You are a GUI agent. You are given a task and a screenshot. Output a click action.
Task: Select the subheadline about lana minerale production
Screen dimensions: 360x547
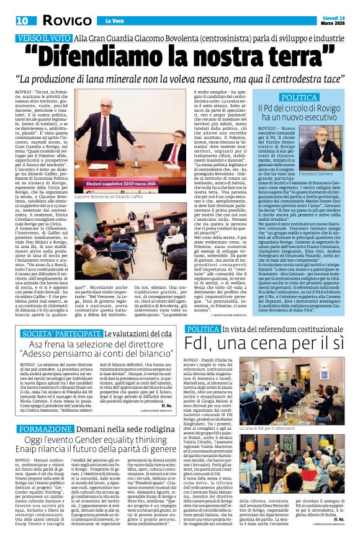[x=180, y=79]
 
